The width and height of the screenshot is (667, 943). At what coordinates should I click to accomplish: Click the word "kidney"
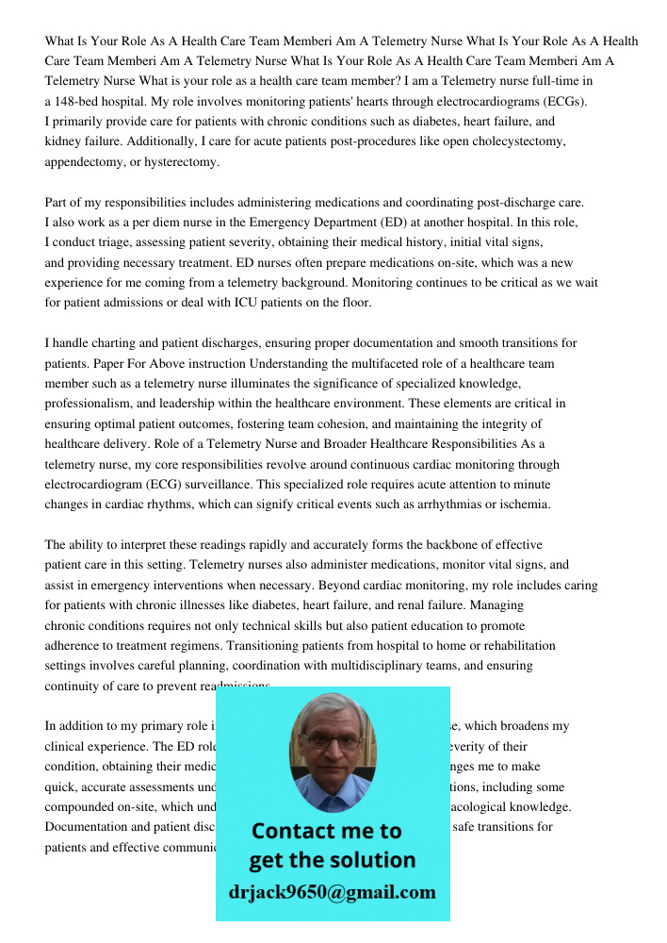[x=63, y=141]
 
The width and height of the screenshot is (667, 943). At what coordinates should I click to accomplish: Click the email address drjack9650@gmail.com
[x=333, y=892]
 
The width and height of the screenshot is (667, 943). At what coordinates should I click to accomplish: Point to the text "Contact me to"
[x=327, y=831]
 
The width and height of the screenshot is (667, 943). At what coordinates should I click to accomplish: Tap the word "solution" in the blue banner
[x=374, y=860]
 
